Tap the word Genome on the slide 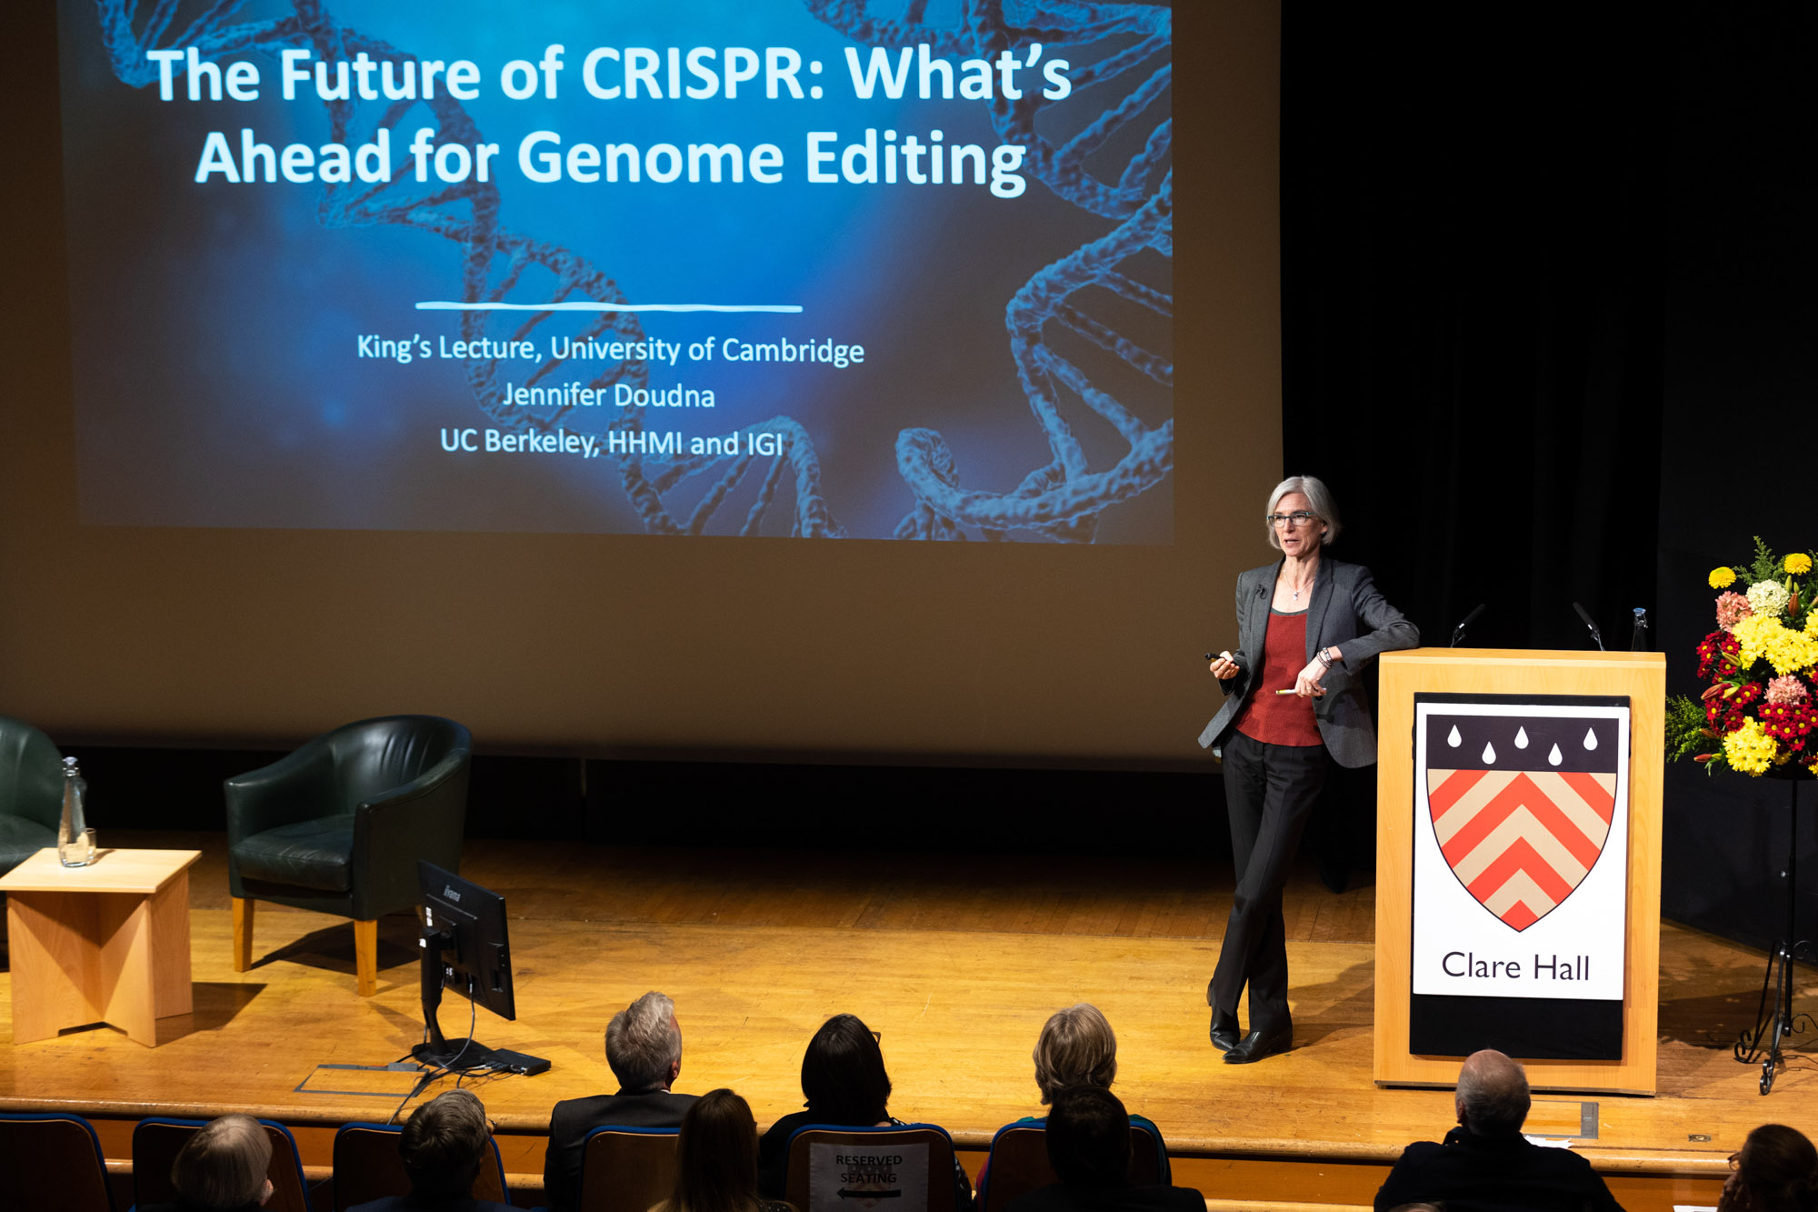point(650,158)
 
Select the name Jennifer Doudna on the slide point(608,396)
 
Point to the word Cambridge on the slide point(793,351)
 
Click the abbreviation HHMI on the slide point(644,442)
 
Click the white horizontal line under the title point(608,307)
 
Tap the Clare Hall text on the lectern point(1515,967)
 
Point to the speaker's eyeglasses point(1291,519)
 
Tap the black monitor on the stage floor point(465,946)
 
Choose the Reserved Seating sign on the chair point(868,1177)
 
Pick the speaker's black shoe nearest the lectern point(1257,1046)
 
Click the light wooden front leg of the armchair point(365,957)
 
